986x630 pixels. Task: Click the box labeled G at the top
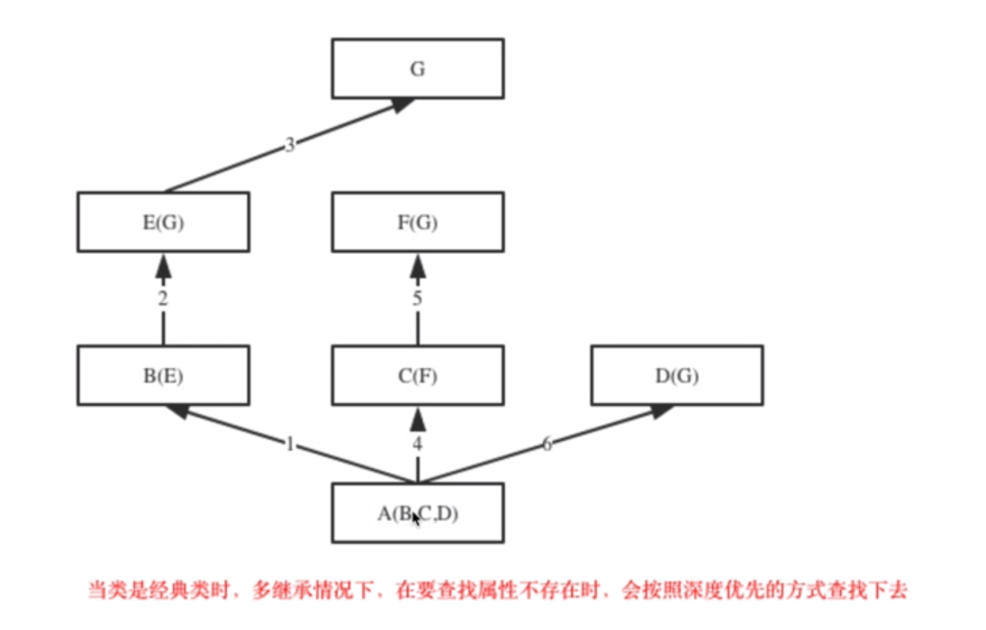point(418,68)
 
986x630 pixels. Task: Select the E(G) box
point(163,221)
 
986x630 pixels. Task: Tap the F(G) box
point(418,221)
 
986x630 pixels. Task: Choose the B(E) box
point(163,374)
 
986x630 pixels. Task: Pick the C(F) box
point(418,374)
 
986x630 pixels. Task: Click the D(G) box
point(677,374)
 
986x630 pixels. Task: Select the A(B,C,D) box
point(418,513)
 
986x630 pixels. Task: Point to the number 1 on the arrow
point(290,444)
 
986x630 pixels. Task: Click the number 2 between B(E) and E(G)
point(163,299)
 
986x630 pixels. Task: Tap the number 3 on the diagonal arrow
point(290,145)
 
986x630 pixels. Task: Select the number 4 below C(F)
point(418,444)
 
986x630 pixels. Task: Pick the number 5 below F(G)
point(418,299)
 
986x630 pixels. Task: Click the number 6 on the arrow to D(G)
point(547,444)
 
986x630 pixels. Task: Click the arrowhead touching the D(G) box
point(661,410)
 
